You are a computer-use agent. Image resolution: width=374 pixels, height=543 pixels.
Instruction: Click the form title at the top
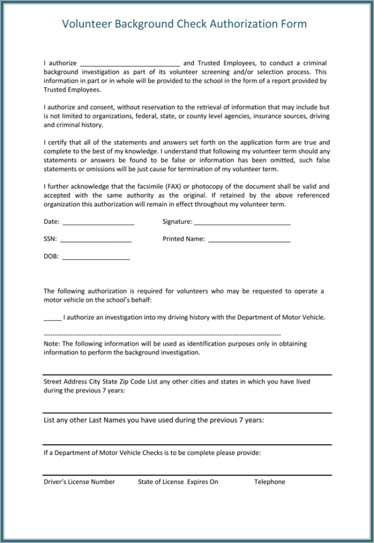click(184, 24)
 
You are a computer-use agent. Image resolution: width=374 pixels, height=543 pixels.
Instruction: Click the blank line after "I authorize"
click(129, 64)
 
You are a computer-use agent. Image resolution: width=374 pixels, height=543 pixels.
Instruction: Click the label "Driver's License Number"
click(79, 482)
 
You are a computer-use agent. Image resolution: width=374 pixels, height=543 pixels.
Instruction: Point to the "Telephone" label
click(269, 482)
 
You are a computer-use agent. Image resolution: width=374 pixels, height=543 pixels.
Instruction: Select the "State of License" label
click(161, 482)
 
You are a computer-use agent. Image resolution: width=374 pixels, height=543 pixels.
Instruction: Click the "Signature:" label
click(177, 222)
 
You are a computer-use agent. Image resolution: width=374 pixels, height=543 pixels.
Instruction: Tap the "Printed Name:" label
click(184, 239)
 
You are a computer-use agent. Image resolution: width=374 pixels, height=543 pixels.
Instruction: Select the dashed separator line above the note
click(162, 334)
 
